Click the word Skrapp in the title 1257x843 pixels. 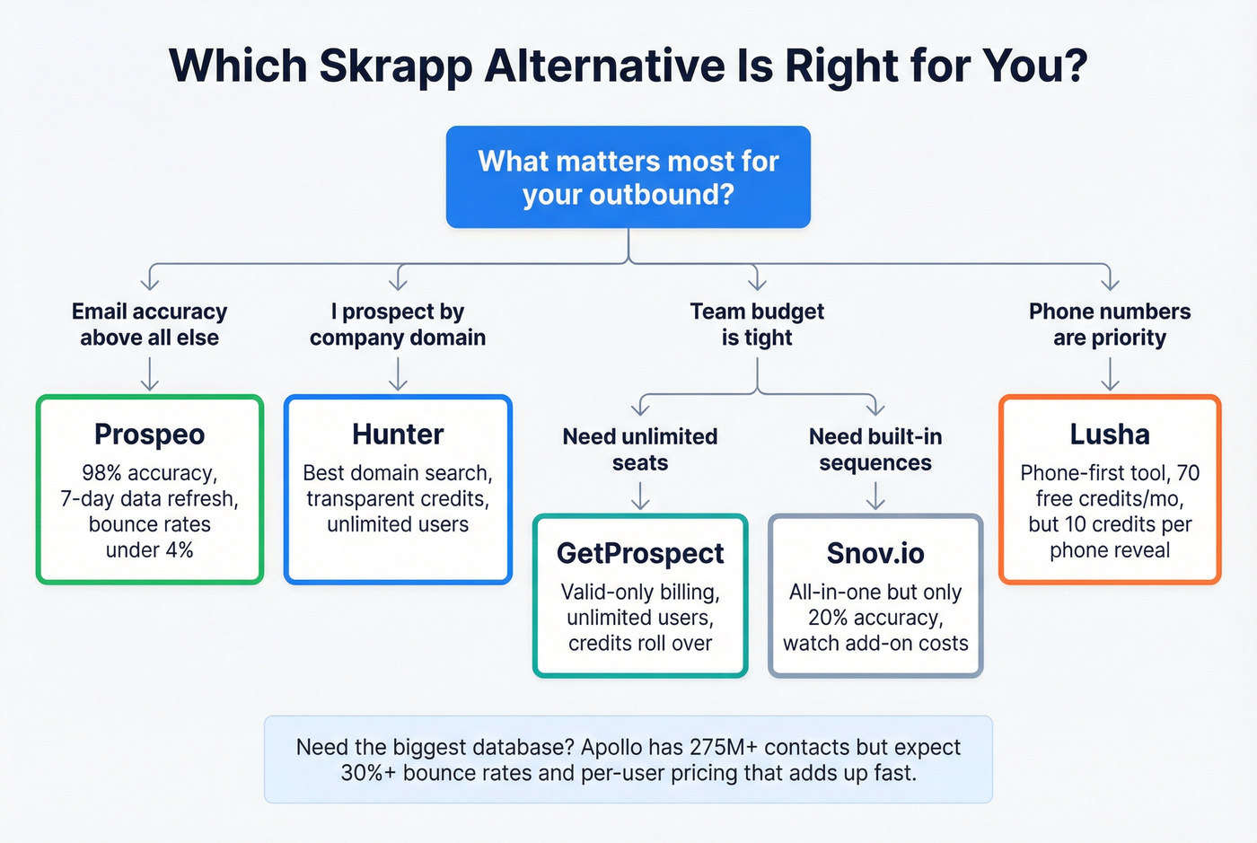tap(395, 66)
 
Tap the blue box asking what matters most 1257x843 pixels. tap(628, 177)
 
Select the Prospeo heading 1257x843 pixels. tap(149, 435)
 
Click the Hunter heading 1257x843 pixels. tap(398, 435)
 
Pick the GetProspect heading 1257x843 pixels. tap(640, 553)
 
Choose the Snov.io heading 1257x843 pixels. tap(875, 553)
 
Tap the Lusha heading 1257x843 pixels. tap(1110, 435)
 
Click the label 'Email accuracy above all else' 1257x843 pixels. tap(149, 324)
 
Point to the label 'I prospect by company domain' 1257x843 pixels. tap(398, 324)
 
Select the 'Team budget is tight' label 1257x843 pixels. tap(757, 324)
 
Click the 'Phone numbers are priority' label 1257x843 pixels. tap(1110, 324)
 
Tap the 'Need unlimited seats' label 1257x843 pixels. tap(640, 449)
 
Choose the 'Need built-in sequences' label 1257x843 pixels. tap(875, 449)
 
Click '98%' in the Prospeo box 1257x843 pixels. tap(101, 473)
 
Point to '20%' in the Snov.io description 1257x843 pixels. tap(829, 618)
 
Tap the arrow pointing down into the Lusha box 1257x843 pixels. tap(1110, 374)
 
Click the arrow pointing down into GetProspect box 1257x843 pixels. tap(640, 496)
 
